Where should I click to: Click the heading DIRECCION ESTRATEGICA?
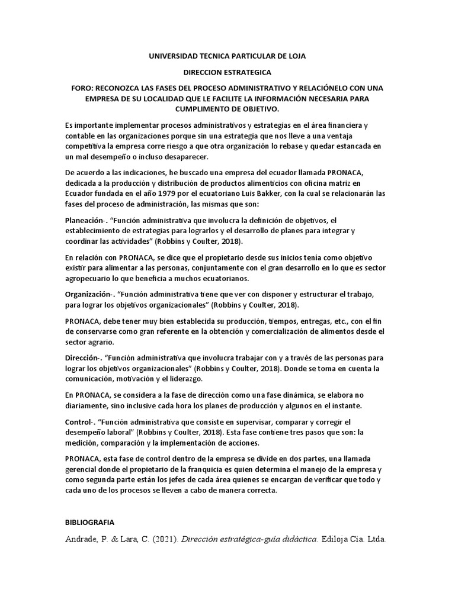click(x=227, y=72)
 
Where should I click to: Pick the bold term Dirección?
click(x=82, y=359)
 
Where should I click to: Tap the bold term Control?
click(x=78, y=423)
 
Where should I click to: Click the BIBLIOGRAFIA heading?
click(x=89, y=523)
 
